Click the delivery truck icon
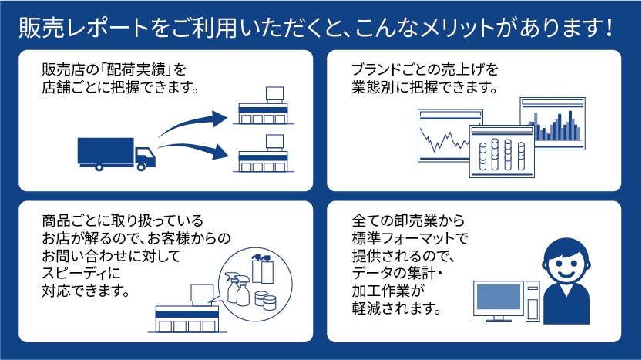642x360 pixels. (x=116, y=154)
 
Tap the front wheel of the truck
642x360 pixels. (x=141, y=167)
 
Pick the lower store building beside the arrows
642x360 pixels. (x=264, y=153)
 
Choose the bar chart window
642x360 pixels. (x=553, y=123)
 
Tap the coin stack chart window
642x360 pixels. (x=502, y=151)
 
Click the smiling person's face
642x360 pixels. (x=566, y=261)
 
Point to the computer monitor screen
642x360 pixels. (x=499, y=297)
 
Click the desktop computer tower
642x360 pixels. (x=533, y=301)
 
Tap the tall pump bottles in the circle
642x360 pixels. (x=263, y=269)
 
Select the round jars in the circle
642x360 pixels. (x=265, y=300)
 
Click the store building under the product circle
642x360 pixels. (x=187, y=308)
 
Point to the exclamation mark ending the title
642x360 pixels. (x=610, y=28)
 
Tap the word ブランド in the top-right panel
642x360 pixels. (x=375, y=69)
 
